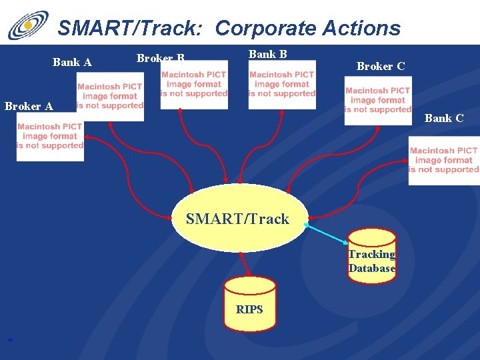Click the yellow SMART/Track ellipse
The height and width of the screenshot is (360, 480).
(x=238, y=219)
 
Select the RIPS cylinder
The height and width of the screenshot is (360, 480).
(x=249, y=305)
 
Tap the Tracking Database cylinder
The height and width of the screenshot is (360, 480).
(x=371, y=256)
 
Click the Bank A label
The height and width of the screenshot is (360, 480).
(x=72, y=63)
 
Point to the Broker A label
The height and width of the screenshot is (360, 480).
(x=29, y=106)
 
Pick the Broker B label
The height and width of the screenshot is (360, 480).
(x=160, y=58)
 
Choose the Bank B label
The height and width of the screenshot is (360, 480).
(x=268, y=54)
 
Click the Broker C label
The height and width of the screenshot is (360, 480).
(x=381, y=66)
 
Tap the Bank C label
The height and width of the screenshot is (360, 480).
(x=444, y=118)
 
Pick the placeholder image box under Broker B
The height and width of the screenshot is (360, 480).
(x=194, y=85)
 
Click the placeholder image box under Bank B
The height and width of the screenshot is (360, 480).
(x=282, y=85)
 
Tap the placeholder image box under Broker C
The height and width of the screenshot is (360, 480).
(x=378, y=101)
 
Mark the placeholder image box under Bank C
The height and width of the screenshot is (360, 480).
(x=444, y=161)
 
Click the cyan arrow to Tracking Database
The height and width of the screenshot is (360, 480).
(x=327, y=233)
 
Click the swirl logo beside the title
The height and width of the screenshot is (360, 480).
(x=28, y=25)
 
